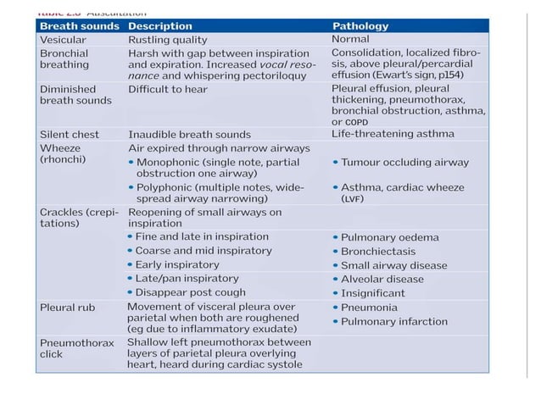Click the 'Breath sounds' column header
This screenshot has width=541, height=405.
78,26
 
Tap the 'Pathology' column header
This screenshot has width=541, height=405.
360,26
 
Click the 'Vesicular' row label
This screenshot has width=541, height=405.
64,39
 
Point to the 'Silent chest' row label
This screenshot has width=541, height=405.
70,134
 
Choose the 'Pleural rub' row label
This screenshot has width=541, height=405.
68,308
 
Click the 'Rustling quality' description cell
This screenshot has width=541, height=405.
169,39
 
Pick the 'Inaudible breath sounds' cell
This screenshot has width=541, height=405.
189,135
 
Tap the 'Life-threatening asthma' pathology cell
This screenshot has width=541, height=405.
393,134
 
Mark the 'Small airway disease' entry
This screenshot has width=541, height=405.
393,265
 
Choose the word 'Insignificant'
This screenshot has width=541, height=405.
373,293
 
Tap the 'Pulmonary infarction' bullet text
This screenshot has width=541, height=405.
394,321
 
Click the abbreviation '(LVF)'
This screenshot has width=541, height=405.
353,198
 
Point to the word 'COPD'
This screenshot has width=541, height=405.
357,122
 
